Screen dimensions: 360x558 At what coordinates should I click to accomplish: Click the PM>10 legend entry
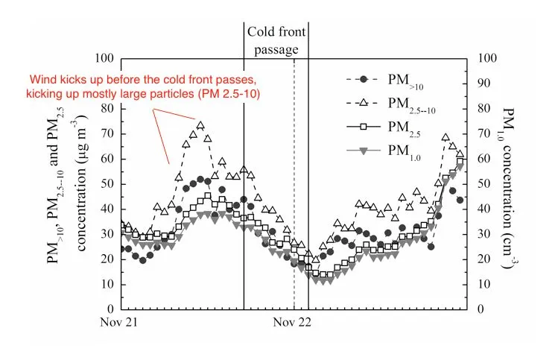pyautogui.click(x=395, y=78)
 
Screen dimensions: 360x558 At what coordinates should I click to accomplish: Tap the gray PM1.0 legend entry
pyautogui.click(x=395, y=152)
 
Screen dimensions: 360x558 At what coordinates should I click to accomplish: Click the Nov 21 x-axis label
pyautogui.click(x=121, y=323)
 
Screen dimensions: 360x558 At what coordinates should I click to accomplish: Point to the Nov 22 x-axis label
pyautogui.click(x=292, y=323)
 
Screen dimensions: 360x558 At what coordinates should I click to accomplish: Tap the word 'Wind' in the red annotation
pyautogui.click(x=43, y=80)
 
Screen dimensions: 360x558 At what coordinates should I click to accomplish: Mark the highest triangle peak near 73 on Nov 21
pyautogui.click(x=200, y=125)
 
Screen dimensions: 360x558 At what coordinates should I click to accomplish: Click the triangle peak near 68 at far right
pyautogui.click(x=446, y=138)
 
